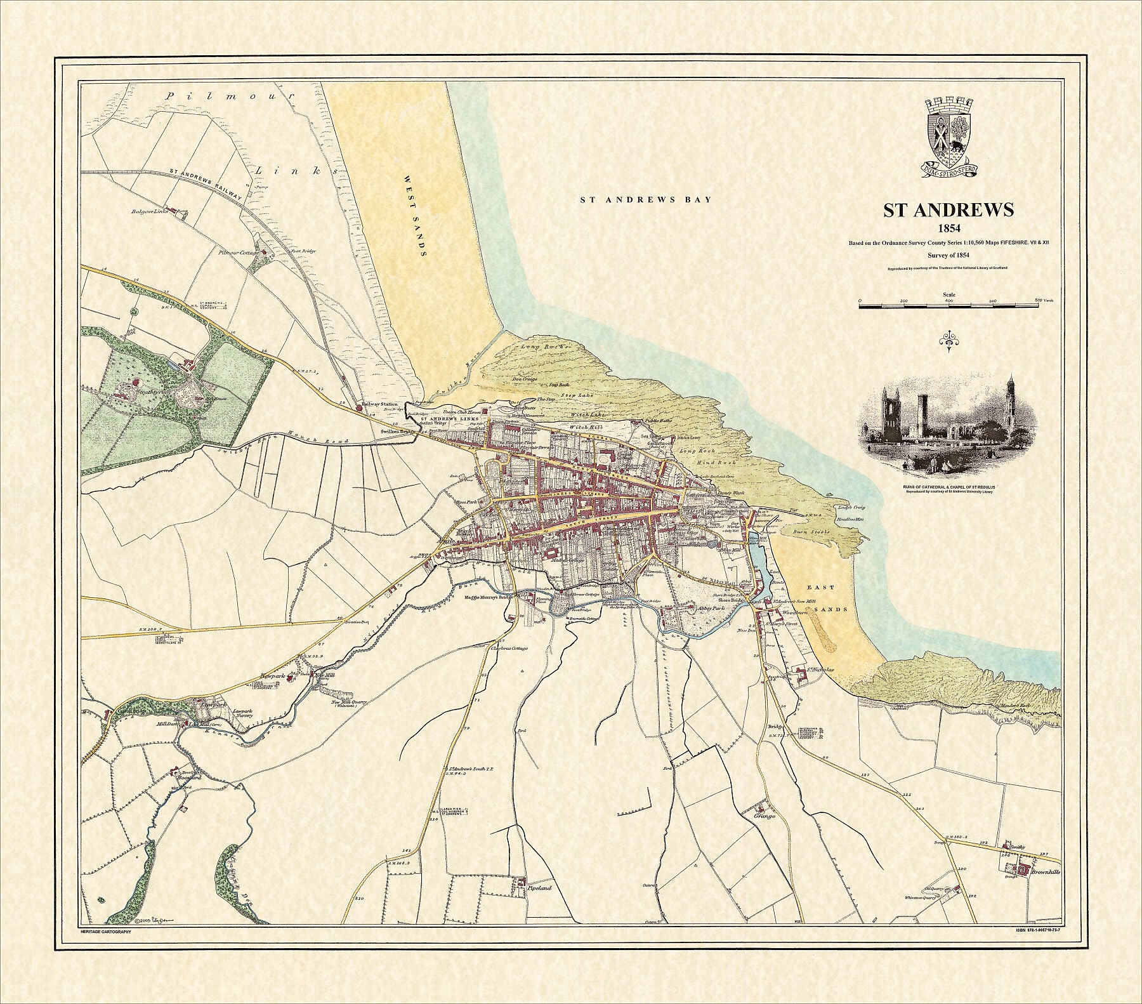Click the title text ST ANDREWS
(x=948, y=211)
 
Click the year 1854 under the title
(x=948, y=229)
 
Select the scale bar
(x=949, y=306)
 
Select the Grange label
(x=765, y=816)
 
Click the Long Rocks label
(x=538, y=347)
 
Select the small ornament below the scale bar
(x=949, y=341)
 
